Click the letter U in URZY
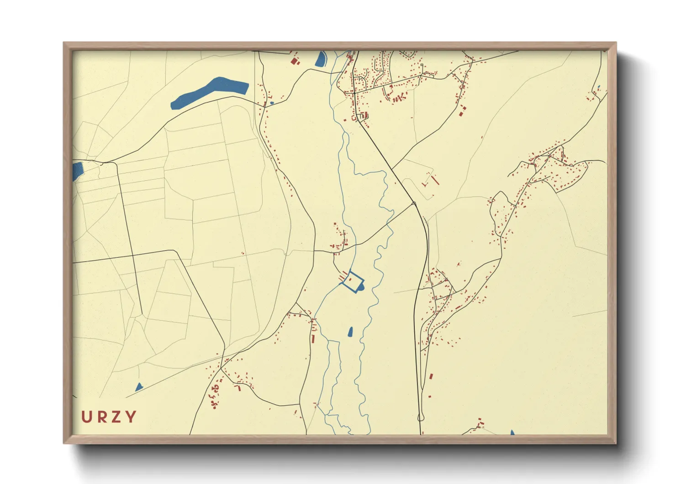(x=87, y=417)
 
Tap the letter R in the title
(x=101, y=417)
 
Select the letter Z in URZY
(x=116, y=417)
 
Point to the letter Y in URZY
(x=131, y=417)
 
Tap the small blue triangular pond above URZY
(x=139, y=387)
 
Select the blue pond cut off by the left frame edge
(x=77, y=170)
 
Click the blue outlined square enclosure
(x=353, y=281)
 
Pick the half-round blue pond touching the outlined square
(x=362, y=287)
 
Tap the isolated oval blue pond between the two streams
(x=350, y=332)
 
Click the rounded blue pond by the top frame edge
(x=321, y=59)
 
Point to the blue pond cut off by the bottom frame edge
(x=512, y=432)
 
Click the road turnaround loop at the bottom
(x=420, y=417)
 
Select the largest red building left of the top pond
(x=294, y=60)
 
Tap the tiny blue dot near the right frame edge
(x=598, y=87)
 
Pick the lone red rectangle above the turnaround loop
(x=431, y=376)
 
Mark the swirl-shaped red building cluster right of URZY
(x=215, y=394)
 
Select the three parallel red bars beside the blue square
(x=342, y=275)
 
